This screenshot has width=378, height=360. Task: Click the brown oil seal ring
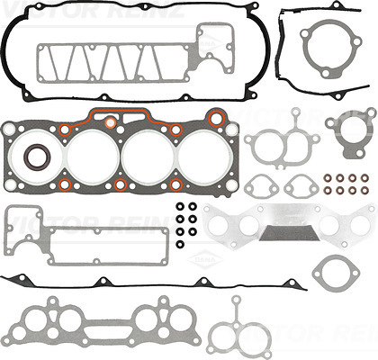(37, 157)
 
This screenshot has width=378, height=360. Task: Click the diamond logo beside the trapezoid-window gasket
(212, 40)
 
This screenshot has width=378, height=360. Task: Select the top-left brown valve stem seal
(328, 176)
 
